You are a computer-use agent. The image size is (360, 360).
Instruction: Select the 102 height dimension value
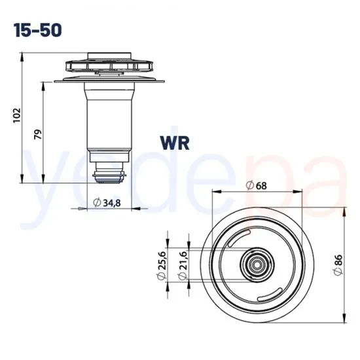pyautogui.click(x=18, y=115)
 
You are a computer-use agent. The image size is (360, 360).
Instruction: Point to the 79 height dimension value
pyautogui.click(x=38, y=134)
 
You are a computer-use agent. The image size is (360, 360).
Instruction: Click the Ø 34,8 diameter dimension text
pyautogui.click(x=107, y=203)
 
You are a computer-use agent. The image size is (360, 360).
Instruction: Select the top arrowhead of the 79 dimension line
pyautogui.click(x=45, y=83)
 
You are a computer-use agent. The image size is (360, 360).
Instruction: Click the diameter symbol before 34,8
pyautogui.click(x=97, y=203)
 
